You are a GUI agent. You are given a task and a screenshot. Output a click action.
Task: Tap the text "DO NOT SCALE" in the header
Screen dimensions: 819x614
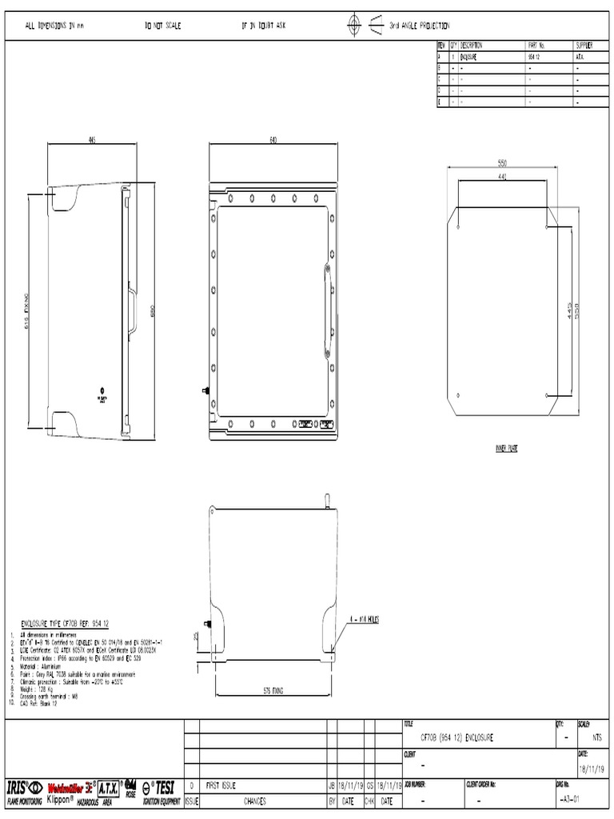[162, 26]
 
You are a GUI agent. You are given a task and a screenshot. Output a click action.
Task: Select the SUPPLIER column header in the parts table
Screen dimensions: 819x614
[584, 46]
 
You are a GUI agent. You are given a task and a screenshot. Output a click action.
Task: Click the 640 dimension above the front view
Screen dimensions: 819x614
[273, 140]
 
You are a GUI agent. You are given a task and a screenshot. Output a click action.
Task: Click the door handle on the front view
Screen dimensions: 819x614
[326, 312]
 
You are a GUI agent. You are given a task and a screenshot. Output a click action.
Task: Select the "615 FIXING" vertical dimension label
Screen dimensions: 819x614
[26, 312]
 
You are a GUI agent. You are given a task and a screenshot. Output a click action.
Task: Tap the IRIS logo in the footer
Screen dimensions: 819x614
[24, 786]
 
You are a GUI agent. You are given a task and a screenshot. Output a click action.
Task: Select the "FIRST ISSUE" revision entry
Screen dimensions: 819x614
[221, 786]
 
